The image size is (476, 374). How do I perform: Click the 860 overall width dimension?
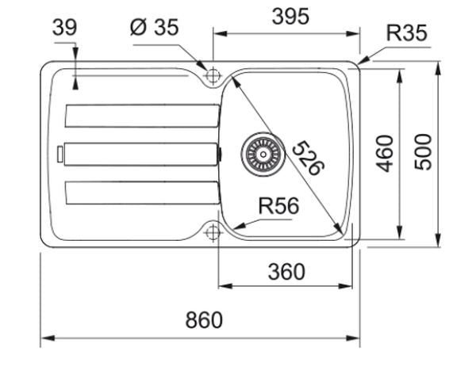coord(204,320)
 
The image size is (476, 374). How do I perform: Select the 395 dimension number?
coord(290,17)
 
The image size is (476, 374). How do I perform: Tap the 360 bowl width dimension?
coord(286,272)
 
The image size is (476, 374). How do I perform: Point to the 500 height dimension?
coord(423,152)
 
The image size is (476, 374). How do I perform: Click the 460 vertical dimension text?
coord(385,154)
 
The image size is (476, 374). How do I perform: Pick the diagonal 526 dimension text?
coord(309,158)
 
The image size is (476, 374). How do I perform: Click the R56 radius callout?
coord(278,206)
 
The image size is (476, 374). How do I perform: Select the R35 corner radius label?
coord(406,32)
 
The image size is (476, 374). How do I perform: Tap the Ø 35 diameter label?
coord(154,27)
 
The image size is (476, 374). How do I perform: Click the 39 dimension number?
coord(65,28)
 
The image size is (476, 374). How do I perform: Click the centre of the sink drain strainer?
coord(263,154)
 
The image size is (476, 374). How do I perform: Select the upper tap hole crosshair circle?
coord(213,74)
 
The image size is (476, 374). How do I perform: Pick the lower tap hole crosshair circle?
coord(213,233)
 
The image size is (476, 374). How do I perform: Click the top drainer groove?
coord(142,116)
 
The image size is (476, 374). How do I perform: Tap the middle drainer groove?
coord(141,154)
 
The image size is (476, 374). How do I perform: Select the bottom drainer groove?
coord(142,193)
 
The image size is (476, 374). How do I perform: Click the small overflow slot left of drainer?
coord(60,154)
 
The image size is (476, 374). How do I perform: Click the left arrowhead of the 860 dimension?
coord(48,338)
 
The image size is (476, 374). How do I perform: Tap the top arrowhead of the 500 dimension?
coord(438,68)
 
